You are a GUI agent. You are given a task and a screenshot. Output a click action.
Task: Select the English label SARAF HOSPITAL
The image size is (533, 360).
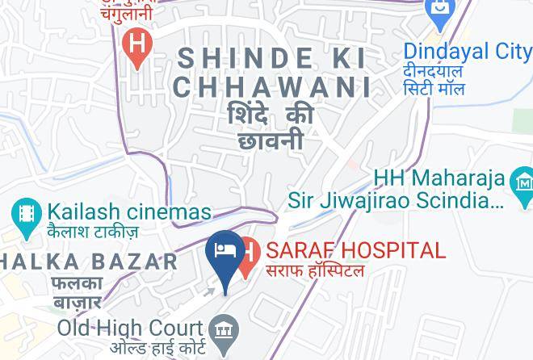355,250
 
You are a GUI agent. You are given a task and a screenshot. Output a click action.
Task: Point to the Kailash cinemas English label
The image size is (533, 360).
129,212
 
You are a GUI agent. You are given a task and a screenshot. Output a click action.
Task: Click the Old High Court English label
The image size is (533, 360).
129,329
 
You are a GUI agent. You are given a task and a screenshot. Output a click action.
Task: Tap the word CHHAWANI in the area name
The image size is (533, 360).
272,87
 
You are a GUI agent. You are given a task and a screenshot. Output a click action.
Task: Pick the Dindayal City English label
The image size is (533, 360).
468,52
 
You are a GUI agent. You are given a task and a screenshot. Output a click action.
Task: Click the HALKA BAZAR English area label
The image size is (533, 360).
89,262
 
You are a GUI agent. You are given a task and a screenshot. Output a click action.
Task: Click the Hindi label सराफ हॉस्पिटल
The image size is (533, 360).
316,271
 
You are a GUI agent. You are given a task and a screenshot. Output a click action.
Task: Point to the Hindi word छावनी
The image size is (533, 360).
271,141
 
